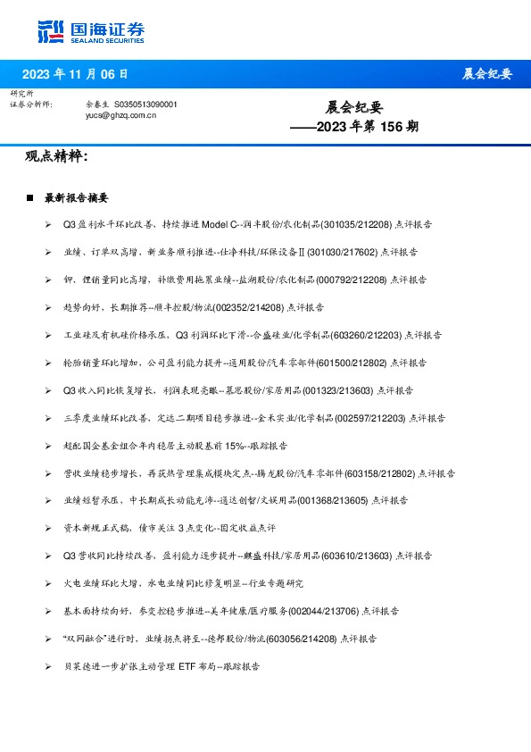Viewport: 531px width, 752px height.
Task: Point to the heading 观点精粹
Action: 56,157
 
